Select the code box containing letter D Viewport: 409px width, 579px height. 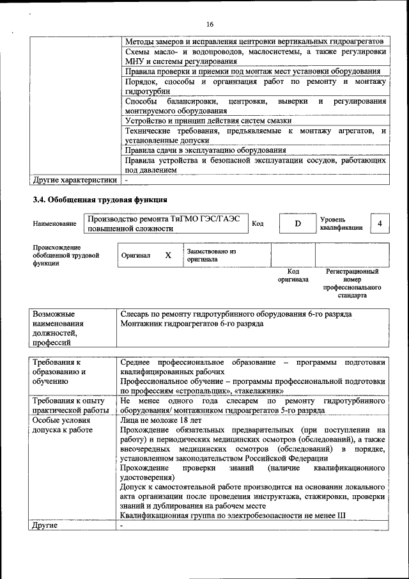pos(297,224)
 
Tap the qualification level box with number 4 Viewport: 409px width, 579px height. pos(380,224)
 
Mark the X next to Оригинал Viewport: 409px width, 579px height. pos(168,255)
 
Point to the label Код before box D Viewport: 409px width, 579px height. pos(258,224)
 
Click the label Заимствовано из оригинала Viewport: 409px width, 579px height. pos(212,256)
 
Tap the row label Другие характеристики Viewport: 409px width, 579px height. pos(74,180)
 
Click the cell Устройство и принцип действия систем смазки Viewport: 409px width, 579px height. pos(208,120)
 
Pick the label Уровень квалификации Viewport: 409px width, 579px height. pos(341,223)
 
